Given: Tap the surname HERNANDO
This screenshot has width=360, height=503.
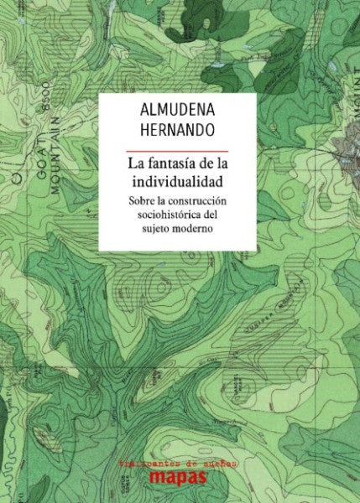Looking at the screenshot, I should coord(177,131).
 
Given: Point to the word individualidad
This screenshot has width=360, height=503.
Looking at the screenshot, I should coord(176,181).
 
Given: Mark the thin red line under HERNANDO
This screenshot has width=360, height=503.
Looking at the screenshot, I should coord(176,149).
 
